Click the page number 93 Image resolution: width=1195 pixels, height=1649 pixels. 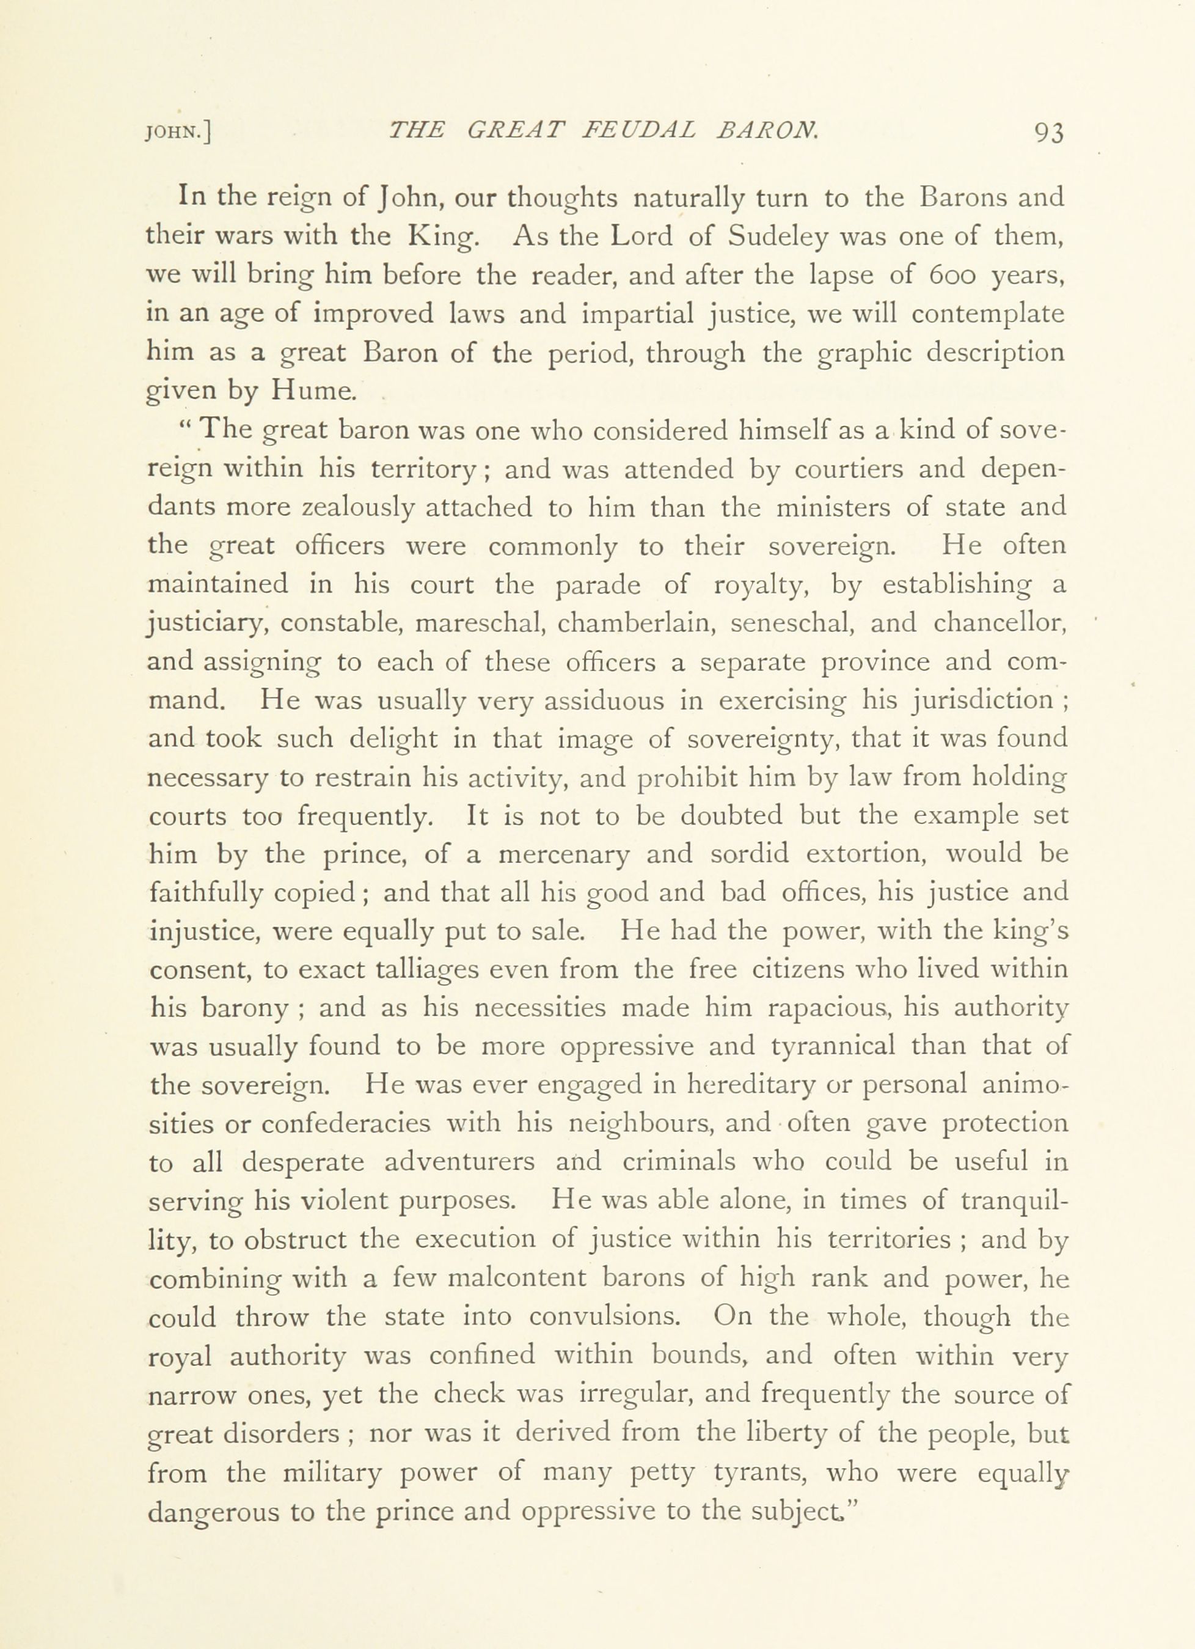point(1044,133)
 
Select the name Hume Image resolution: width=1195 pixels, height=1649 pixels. point(313,392)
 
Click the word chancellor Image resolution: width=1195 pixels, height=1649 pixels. point(998,623)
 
